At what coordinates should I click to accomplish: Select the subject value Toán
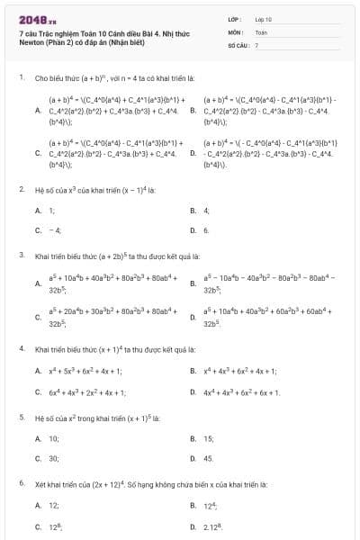261,31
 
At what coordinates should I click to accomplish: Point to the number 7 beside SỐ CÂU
256,43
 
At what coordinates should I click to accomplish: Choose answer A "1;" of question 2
51,210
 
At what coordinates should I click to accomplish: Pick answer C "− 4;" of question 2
54,230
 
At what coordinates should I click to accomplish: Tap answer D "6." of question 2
206,230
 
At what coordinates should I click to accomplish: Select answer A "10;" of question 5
54,438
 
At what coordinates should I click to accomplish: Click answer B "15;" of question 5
208,438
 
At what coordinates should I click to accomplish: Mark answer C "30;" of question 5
54,458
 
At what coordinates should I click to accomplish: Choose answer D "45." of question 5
208,458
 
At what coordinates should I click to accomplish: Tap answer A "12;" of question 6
54,505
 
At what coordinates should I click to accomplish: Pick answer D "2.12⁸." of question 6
212,525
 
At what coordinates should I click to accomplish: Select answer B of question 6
209,505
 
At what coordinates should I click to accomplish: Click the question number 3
21,255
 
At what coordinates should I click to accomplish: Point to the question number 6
21,482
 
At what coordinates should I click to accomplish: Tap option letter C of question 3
38,317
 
